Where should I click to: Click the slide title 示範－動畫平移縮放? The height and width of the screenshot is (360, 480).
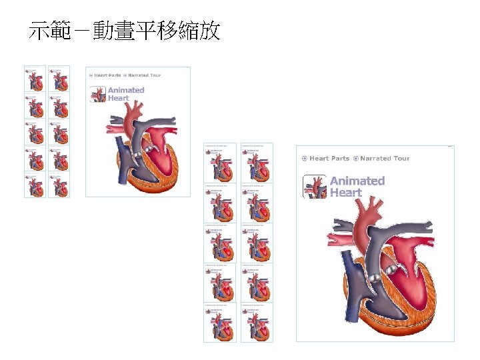(125, 31)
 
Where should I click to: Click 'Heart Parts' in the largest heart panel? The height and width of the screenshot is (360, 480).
(329, 159)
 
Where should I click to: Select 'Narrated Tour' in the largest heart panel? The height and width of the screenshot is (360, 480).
(385, 159)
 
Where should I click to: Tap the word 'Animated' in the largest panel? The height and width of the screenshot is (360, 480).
(357, 181)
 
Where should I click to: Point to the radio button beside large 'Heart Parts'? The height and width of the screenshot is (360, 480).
(304, 159)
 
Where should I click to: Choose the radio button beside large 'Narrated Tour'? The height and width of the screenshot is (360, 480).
(355, 159)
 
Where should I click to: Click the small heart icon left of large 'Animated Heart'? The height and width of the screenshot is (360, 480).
(315, 187)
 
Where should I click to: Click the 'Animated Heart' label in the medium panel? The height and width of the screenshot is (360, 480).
(125, 94)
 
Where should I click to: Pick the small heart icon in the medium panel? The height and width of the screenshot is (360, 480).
(98, 95)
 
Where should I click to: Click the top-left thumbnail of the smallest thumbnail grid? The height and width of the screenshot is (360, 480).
(35, 78)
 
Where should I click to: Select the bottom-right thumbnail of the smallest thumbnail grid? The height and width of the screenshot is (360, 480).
(59, 185)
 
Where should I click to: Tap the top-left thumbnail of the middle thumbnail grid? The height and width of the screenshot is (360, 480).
(220, 163)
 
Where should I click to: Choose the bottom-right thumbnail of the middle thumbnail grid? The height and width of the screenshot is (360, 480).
(257, 323)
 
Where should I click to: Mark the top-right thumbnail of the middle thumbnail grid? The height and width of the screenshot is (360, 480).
(257, 163)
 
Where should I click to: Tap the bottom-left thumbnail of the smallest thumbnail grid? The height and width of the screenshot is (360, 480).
(35, 185)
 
